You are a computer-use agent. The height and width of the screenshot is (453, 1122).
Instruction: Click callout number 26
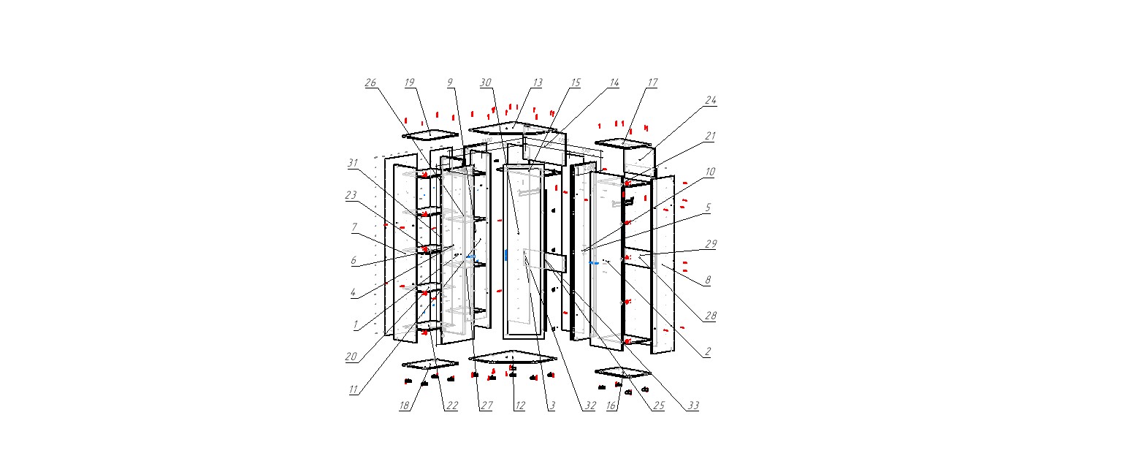pos(370,83)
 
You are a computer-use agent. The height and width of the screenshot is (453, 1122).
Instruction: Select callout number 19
pos(410,83)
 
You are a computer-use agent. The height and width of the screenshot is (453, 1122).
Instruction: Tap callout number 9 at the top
pos(451,83)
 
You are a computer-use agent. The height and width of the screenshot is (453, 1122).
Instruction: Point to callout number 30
pos(486,83)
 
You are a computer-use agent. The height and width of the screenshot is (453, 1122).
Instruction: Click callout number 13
pos(538,83)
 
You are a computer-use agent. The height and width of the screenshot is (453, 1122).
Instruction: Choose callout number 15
pos(576,83)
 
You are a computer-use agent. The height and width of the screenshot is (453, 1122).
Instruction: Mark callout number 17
pos(652,83)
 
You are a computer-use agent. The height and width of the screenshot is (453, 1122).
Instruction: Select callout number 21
pos(710,136)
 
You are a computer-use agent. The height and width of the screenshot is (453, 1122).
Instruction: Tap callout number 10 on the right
pos(710,172)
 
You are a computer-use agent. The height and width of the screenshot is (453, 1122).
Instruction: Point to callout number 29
pos(710,244)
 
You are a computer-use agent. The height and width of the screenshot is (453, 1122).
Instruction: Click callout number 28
pos(710,316)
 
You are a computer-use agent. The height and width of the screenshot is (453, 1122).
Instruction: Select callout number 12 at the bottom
pos(519,406)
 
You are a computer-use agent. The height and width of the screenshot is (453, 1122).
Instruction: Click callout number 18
pos(404,406)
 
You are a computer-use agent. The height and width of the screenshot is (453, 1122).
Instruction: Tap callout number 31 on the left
pos(354,163)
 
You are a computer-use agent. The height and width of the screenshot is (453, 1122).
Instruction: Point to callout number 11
pos(354,389)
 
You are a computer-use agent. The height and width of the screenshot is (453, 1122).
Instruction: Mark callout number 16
pos(612,406)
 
